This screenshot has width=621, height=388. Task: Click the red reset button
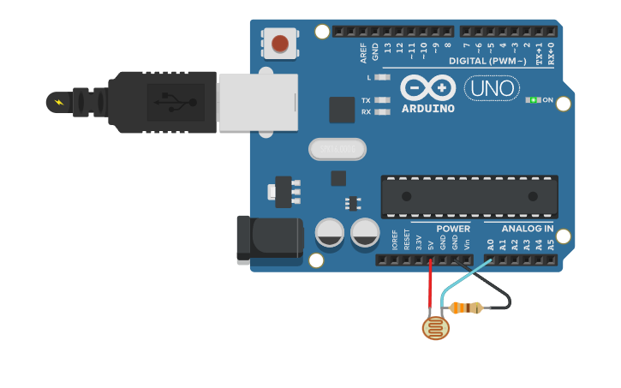click(280, 43)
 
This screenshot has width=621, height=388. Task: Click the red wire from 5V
click(431, 287)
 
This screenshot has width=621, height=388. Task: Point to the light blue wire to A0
click(467, 277)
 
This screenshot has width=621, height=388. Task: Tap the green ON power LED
click(534, 100)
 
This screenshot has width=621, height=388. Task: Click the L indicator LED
click(382, 77)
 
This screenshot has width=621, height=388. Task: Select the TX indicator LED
click(382, 100)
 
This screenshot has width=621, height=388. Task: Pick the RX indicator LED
click(382, 111)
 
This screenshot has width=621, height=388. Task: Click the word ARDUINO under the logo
click(427, 109)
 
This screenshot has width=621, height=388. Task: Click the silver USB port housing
click(257, 102)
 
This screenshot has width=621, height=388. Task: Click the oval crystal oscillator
click(337, 149)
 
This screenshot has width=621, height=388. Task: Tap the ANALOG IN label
click(527, 229)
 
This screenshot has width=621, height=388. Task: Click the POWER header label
click(452, 229)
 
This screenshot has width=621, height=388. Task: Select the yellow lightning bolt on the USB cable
click(58, 103)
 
